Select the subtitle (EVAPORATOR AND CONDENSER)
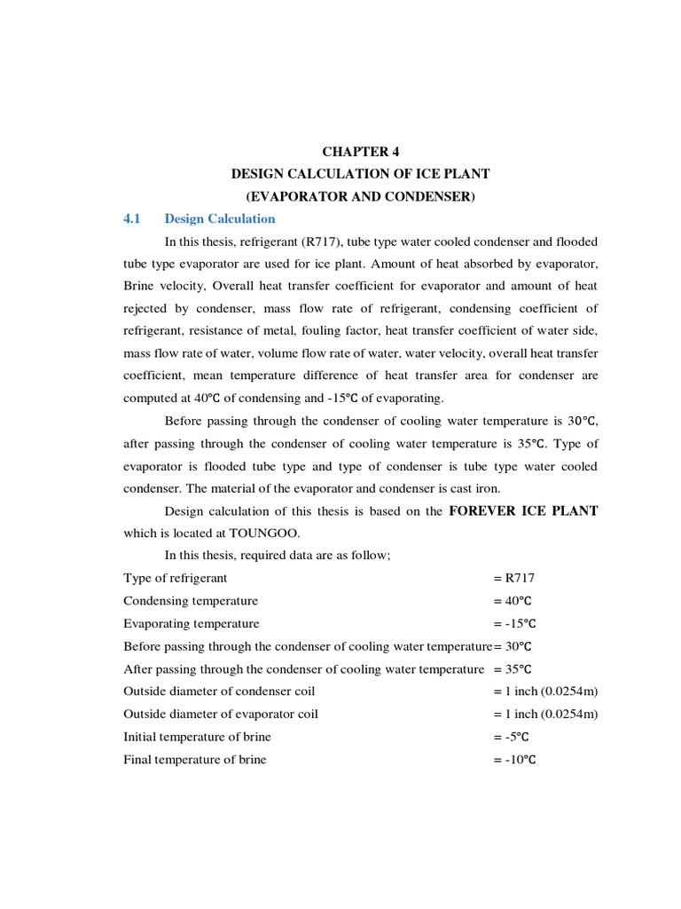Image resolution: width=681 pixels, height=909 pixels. click(360, 196)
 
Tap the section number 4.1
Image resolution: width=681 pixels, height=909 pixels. click(132, 219)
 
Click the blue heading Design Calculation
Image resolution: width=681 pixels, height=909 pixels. click(220, 219)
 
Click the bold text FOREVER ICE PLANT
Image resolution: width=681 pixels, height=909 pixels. click(523, 510)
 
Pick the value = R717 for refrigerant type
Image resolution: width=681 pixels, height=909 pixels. click(514, 578)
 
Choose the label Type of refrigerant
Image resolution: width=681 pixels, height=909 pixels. click(176, 578)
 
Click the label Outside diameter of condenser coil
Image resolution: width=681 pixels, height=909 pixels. click(219, 691)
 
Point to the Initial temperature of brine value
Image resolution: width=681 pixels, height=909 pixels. click(512, 737)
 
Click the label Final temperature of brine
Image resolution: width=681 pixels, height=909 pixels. click(194, 759)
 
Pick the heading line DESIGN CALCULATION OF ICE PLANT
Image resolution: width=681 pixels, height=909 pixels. click(360, 174)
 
